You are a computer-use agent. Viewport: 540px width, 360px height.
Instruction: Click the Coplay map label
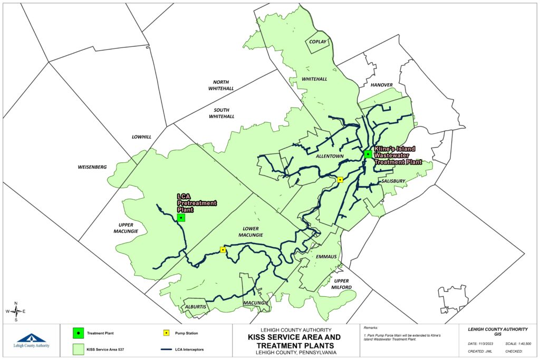tap(318, 42)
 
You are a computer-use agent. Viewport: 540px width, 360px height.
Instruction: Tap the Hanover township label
tap(381, 85)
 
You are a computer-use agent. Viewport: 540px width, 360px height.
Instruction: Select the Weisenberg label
tap(92, 167)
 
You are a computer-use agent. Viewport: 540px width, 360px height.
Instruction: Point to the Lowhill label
tap(141, 137)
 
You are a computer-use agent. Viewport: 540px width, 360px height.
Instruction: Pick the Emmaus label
tap(326, 257)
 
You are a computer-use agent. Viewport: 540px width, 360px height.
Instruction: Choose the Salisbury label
tap(393, 181)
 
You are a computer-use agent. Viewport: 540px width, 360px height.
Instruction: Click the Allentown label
tap(330, 157)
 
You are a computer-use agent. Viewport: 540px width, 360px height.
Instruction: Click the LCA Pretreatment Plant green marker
tap(181, 217)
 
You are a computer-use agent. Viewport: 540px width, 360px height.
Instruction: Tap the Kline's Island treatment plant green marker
tap(368, 154)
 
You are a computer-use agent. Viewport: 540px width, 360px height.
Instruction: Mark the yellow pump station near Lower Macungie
tap(223, 250)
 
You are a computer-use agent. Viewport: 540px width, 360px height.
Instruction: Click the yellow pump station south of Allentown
tap(340, 180)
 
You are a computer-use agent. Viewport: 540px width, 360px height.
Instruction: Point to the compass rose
tap(16, 312)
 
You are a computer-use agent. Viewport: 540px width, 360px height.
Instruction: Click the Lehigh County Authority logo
tap(33, 340)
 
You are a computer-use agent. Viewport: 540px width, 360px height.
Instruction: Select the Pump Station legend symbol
tap(165, 333)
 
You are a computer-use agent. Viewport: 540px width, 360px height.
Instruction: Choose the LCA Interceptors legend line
tap(165, 348)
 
